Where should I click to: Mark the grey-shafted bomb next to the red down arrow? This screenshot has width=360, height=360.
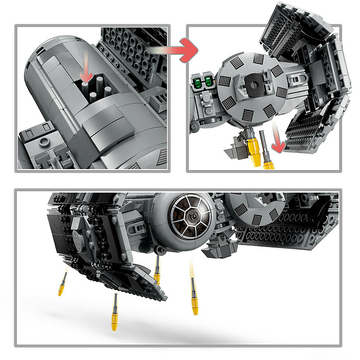[265, 145]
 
